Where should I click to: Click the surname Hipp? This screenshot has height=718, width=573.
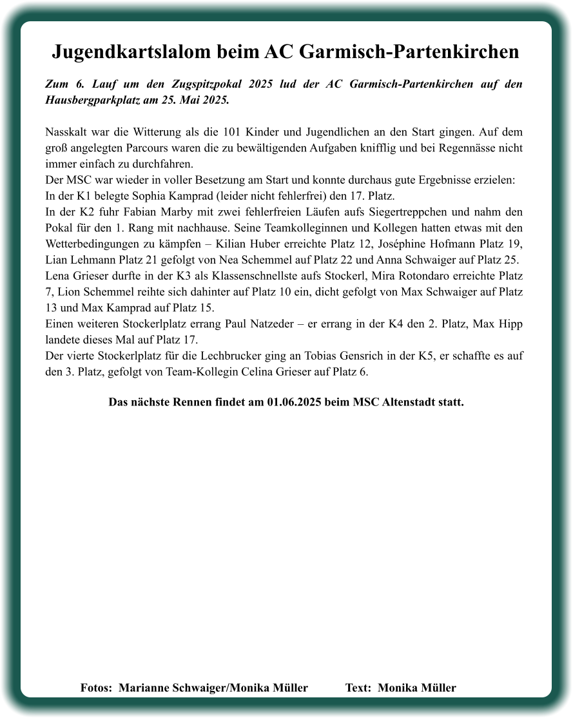click(x=509, y=323)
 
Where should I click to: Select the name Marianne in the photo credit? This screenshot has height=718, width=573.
click(x=145, y=688)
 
